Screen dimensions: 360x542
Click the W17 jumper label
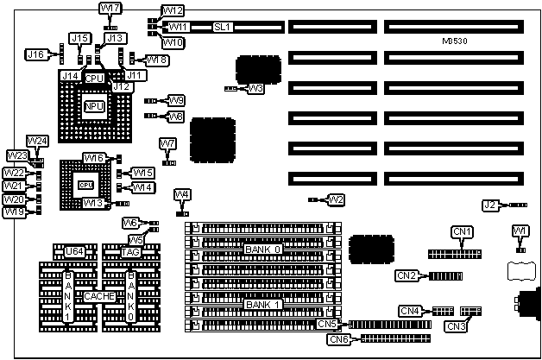(x=111, y=9)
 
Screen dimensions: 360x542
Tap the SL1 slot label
(x=224, y=27)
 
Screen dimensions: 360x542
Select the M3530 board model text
(x=457, y=41)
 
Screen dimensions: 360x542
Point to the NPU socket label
(x=93, y=105)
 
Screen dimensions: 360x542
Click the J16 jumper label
(x=35, y=54)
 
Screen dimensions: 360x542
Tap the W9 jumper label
(x=175, y=100)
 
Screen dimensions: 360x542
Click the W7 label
(x=168, y=143)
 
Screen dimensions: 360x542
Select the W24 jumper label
(x=37, y=141)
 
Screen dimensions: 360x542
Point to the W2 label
(x=336, y=199)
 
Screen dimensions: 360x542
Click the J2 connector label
(x=490, y=205)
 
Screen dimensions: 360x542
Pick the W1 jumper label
(x=519, y=231)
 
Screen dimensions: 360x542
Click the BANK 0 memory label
(x=262, y=249)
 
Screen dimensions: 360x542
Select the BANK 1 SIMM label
(x=262, y=305)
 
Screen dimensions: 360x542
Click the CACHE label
(x=100, y=296)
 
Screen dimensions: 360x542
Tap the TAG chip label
(x=130, y=252)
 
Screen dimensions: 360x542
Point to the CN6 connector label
(x=338, y=339)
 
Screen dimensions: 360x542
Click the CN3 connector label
(x=455, y=326)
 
